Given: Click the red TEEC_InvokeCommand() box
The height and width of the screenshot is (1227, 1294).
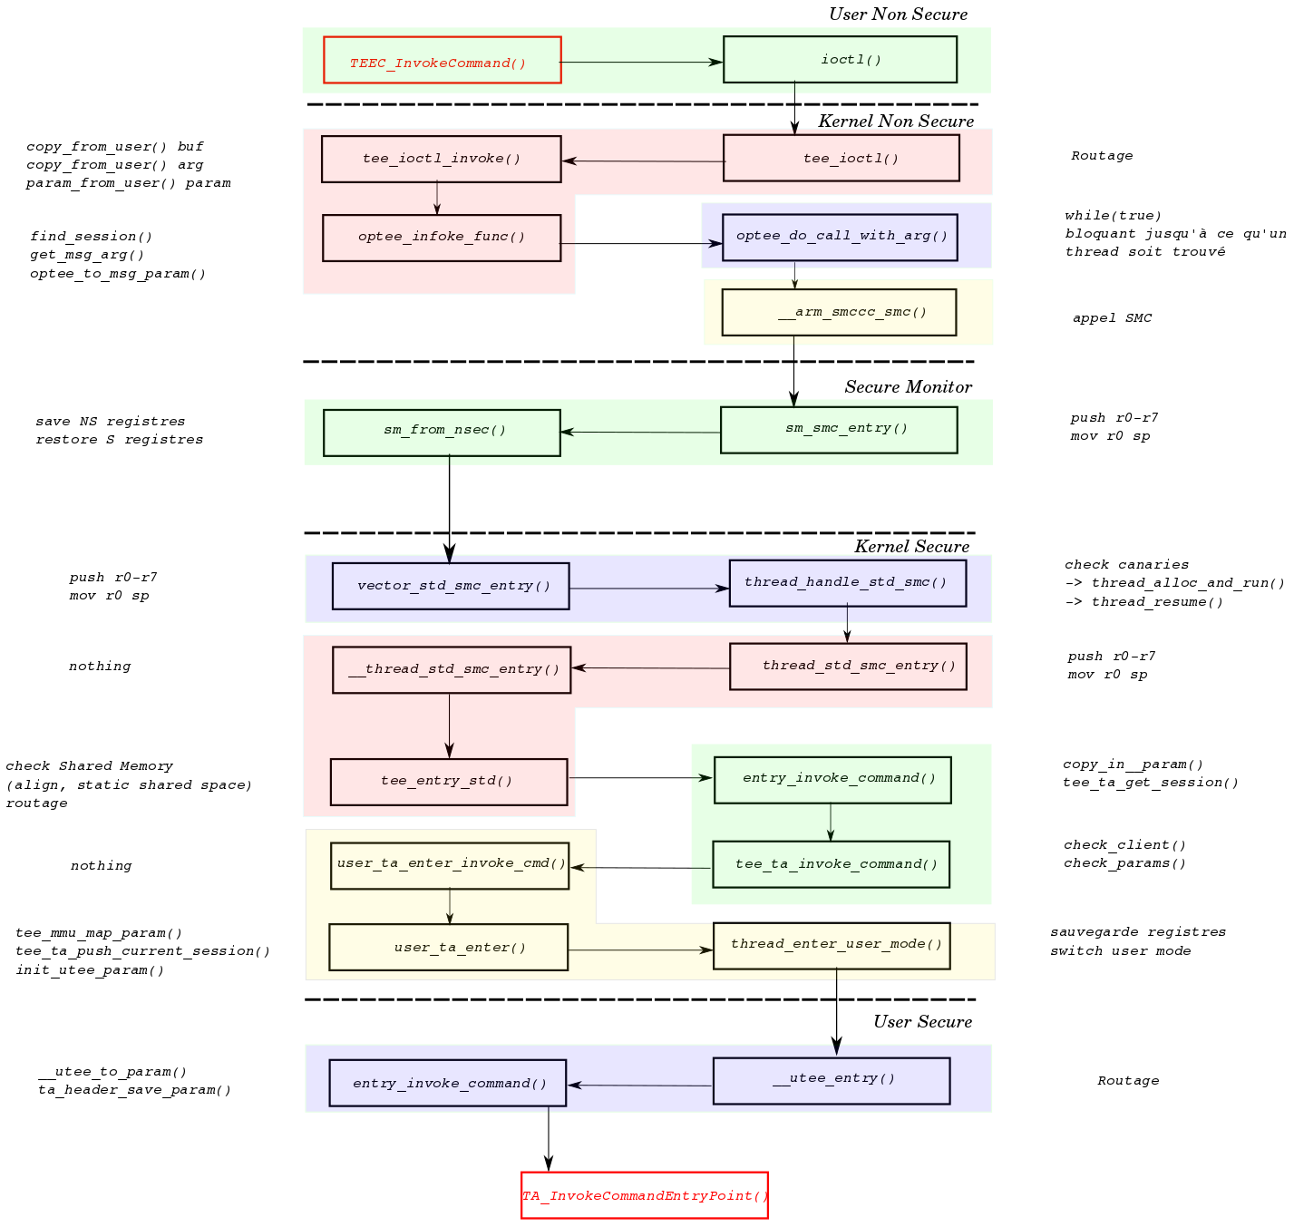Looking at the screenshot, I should coord(442,60).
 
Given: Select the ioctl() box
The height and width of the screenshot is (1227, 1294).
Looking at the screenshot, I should coord(840,60).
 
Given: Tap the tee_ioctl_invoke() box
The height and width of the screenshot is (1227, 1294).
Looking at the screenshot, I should coord(441,159).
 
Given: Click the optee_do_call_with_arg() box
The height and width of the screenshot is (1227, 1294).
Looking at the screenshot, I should coord(840,237).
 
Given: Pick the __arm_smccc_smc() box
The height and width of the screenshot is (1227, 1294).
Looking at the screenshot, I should coord(839,312).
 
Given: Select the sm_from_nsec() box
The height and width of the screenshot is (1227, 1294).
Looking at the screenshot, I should coord(442,433).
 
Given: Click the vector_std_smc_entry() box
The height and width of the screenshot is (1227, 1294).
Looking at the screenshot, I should coord(451,586).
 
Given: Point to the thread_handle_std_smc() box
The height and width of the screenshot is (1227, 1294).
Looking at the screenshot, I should coord(847,583).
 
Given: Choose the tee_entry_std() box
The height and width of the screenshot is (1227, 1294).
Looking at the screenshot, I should coord(448,782).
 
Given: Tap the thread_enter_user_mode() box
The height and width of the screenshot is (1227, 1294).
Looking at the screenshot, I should coord(832,946).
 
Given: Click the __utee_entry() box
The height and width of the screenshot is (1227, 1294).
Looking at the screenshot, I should coord(831,1080).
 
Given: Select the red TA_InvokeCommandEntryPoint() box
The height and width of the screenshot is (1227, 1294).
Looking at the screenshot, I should coord(644,1195).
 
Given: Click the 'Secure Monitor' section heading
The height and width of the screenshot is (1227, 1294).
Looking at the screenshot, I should coord(908,387).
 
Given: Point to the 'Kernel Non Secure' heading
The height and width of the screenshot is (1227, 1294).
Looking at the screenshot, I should coord(896,122).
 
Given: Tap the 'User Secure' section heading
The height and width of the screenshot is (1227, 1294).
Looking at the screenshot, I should coord(922,1022).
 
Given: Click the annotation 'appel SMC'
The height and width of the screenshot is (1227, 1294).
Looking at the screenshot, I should coord(1112,318).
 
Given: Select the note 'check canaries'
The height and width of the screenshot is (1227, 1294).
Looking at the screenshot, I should coord(1126,565).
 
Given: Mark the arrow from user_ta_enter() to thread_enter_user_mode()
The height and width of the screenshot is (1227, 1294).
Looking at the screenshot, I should coord(640,949).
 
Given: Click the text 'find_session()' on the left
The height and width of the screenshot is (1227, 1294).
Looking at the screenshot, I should coord(91,237).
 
